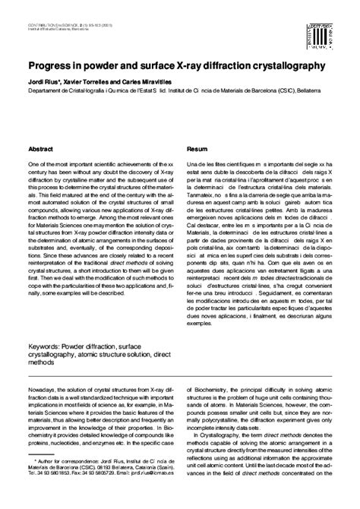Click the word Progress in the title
tap(49, 66)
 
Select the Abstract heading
tap(39, 150)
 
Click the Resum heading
tap(197, 150)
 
